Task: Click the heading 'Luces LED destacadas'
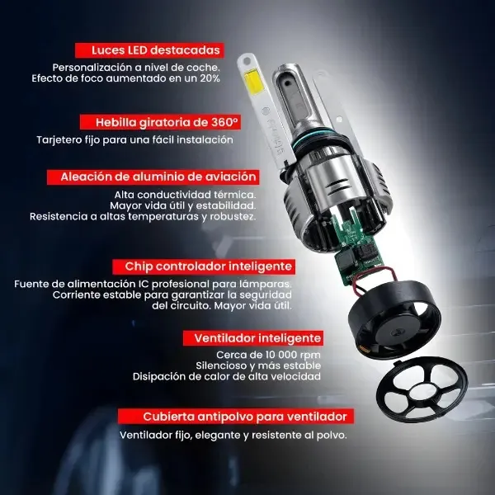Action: click(x=156, y=50)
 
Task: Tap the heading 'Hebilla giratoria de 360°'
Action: click(x=167, y=122)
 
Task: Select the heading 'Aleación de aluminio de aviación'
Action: click(x=158, y=177)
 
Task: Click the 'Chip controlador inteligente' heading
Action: click(x=208, y=266)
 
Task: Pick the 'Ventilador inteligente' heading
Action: click(x=257, y=338)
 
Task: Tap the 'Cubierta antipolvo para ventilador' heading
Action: click(x=245, y=417)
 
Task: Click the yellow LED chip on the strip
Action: click(x=252, y=82)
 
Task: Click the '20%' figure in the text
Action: click(x=210, y=78)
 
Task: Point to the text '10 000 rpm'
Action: click(x=293, y=355)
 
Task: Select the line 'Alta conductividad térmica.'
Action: click(x=185, y=195)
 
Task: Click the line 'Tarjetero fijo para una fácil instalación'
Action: click(x=134, y=140)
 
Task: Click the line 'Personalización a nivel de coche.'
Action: click(x=136, y=68)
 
